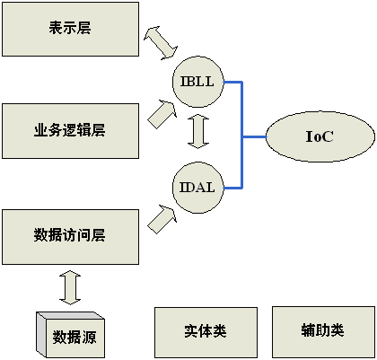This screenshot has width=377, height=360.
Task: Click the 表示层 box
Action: click(x=70, y=29)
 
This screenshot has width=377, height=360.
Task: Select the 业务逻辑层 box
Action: click(x=70, y=131)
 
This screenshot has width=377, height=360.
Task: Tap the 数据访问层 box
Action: click(x=70, y=237)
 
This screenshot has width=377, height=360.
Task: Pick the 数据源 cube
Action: click(x=70, y=335)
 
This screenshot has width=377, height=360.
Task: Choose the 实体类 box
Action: click(x=206, y=332)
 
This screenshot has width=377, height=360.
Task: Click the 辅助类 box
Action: click(x=323, y=331)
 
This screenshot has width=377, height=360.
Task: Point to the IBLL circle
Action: click(x=198, y=82)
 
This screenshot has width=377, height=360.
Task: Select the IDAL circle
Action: click(x=198, y=188)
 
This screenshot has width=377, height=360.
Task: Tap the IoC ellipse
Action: click(x=320, y=136)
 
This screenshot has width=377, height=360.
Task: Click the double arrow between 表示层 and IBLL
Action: click(x=161, y=43)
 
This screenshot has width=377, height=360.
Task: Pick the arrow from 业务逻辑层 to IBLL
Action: click(x=162, y=114)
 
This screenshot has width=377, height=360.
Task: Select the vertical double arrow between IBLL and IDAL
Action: click(x=198, y=131)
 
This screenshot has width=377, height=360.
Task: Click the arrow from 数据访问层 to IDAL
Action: click(x=162, y=219)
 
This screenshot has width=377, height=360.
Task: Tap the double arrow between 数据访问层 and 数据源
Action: click(x=70, y=287)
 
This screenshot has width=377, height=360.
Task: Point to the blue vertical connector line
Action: click(x=242, y=135)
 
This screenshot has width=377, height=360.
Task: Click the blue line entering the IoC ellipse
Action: click(x=254, y=137)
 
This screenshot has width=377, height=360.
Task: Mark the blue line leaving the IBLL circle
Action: click(x=232, y=82)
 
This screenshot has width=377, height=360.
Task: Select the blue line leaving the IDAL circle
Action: click(x=232, y=188)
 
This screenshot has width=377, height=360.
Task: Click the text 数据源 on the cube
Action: click(x=75, y=337)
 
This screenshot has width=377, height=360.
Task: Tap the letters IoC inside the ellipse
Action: click(x=320, y=136)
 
